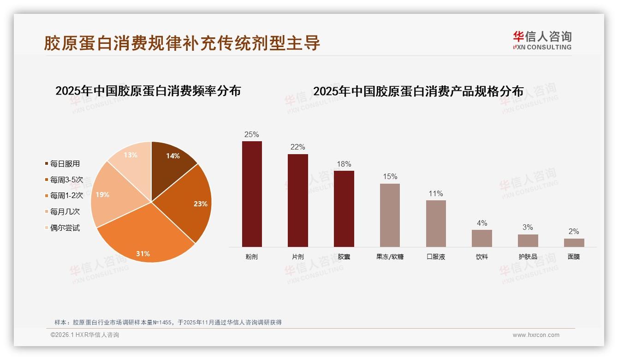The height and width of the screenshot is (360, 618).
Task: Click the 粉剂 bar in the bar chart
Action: (252, 194)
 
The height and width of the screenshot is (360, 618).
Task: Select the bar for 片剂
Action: (297, 200)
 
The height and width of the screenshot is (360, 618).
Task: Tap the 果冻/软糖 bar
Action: (390, 215)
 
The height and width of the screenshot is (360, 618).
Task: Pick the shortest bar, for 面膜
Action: (574, 243)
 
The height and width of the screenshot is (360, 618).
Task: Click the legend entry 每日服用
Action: (65, 164)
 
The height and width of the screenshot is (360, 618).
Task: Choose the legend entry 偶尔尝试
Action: (65, 228)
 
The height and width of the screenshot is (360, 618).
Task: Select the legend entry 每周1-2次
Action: (66, 196)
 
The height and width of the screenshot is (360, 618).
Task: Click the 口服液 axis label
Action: (436, 257)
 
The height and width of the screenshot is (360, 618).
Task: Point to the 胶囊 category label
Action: (344, 257)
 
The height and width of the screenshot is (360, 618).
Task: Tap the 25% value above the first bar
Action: (252, 135)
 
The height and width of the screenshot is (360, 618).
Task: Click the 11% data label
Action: (436, 194)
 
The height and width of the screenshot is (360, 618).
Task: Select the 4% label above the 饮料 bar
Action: (482, 223)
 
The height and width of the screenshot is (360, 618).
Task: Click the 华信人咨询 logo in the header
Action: (542, 40)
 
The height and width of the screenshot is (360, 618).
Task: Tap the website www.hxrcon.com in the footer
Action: (536, 335)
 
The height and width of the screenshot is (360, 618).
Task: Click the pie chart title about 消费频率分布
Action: (148, 91)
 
